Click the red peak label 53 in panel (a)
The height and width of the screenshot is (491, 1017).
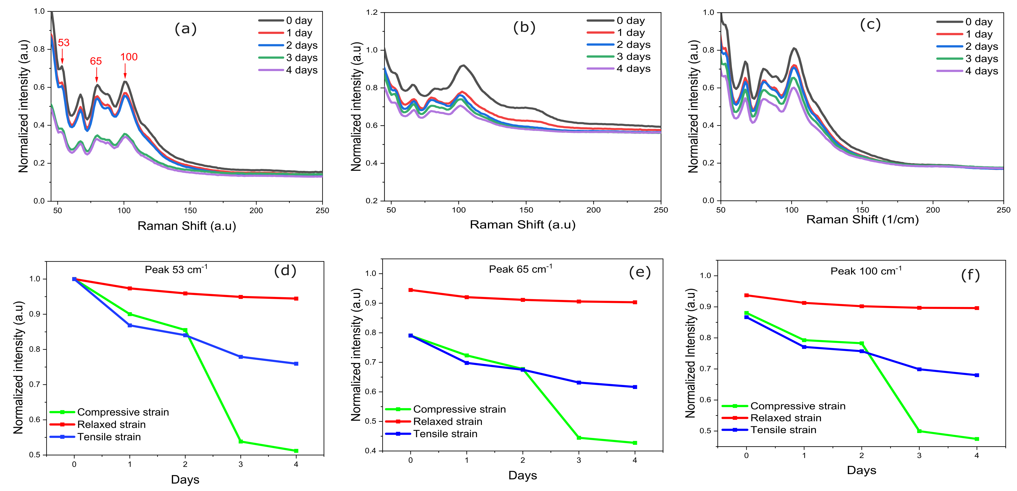[63, 43]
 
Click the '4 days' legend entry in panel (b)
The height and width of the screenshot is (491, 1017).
[633, 69]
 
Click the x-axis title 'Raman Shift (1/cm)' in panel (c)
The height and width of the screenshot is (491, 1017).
[862, 220]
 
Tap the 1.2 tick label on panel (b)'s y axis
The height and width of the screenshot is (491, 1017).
[372, 13]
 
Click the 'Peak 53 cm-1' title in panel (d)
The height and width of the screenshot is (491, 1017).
[176, 270]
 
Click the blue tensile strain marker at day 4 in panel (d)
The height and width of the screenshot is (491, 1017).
[296, 364]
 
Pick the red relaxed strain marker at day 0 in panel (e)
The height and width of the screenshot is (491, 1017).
[411, 290]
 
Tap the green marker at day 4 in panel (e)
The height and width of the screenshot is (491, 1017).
[635, 443]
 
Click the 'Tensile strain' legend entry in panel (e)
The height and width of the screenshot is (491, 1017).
[445, 434]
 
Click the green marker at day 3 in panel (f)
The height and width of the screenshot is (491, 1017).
[919, 431]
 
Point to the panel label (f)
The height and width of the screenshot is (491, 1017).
[970, 275]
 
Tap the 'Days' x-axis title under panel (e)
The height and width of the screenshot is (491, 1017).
[522, 475]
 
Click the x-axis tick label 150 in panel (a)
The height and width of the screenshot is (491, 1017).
[190, 211]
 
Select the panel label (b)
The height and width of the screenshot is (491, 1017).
[524, 27]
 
